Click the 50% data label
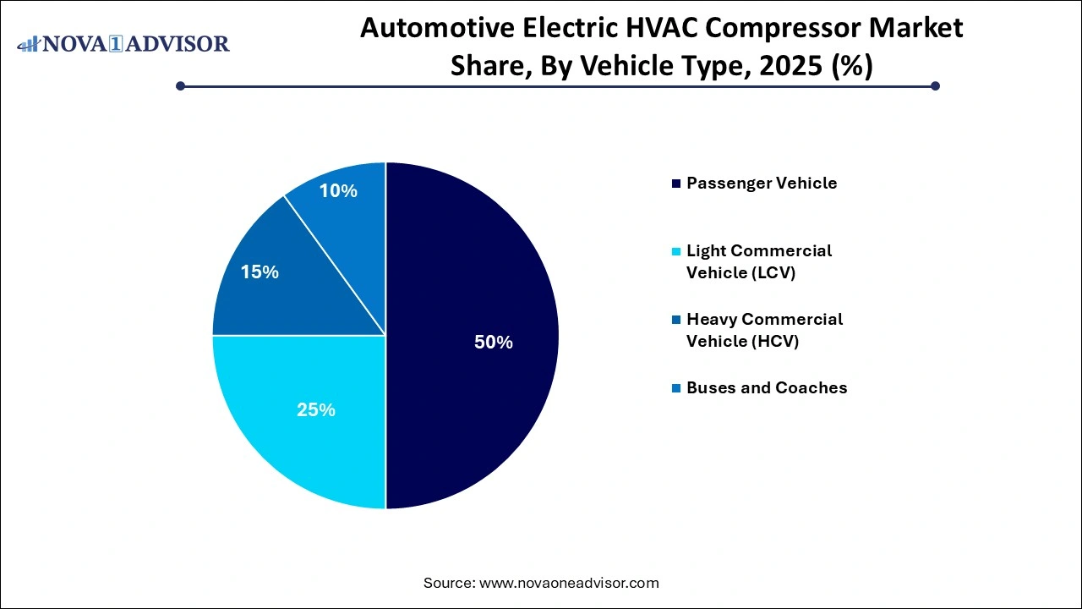click(x=493, y=343)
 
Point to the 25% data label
click(x=316, y=410)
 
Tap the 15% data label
click(x=259, y=272)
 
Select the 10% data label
click(x=338, y=191)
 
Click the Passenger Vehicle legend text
click(x=762, y=183)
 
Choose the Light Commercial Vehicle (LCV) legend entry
click(x=759, y=261)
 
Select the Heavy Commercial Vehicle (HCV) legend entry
click(x=764, y=330)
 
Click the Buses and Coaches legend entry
click(x=767, y=387)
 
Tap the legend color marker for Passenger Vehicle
click(x=675, y=184)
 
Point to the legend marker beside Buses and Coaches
click(x=675, y=388)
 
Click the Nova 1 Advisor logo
click(x=123, y=43)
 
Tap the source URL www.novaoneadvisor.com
click(x=569, y=583)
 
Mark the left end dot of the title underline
click(x=180, y=85)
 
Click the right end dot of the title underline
click(x=935, y=85)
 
